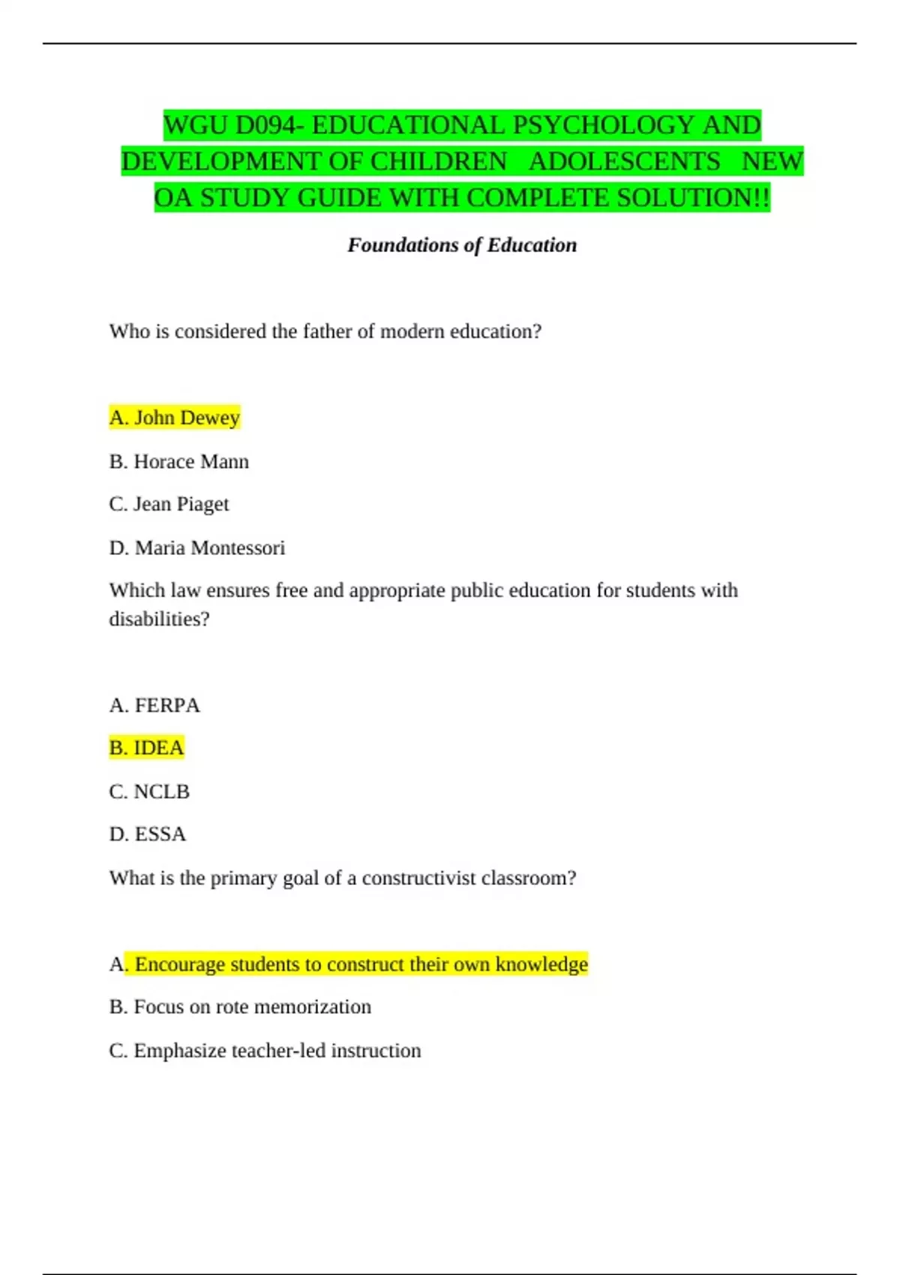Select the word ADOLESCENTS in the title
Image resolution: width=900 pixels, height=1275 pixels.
point(625,162)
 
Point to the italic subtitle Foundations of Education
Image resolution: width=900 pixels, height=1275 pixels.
point(462,245)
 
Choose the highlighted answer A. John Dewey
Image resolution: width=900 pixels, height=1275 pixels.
point(175,417)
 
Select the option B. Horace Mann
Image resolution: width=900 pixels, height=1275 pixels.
point(179,461)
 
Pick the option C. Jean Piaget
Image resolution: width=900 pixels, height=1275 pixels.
point(169,504)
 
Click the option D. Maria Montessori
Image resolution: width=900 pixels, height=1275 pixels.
point(197,547)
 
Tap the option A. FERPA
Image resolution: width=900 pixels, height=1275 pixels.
point(154,705)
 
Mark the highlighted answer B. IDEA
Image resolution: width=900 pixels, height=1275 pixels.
point(147,748)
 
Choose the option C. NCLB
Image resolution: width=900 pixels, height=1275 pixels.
point(149,791)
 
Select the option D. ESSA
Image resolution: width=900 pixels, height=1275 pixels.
point(148,834)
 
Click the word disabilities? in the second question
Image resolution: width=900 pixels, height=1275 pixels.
point(159,619)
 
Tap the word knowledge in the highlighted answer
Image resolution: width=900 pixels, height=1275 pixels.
point(541,964)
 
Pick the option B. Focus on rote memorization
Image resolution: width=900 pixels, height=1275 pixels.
point(240,1006)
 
